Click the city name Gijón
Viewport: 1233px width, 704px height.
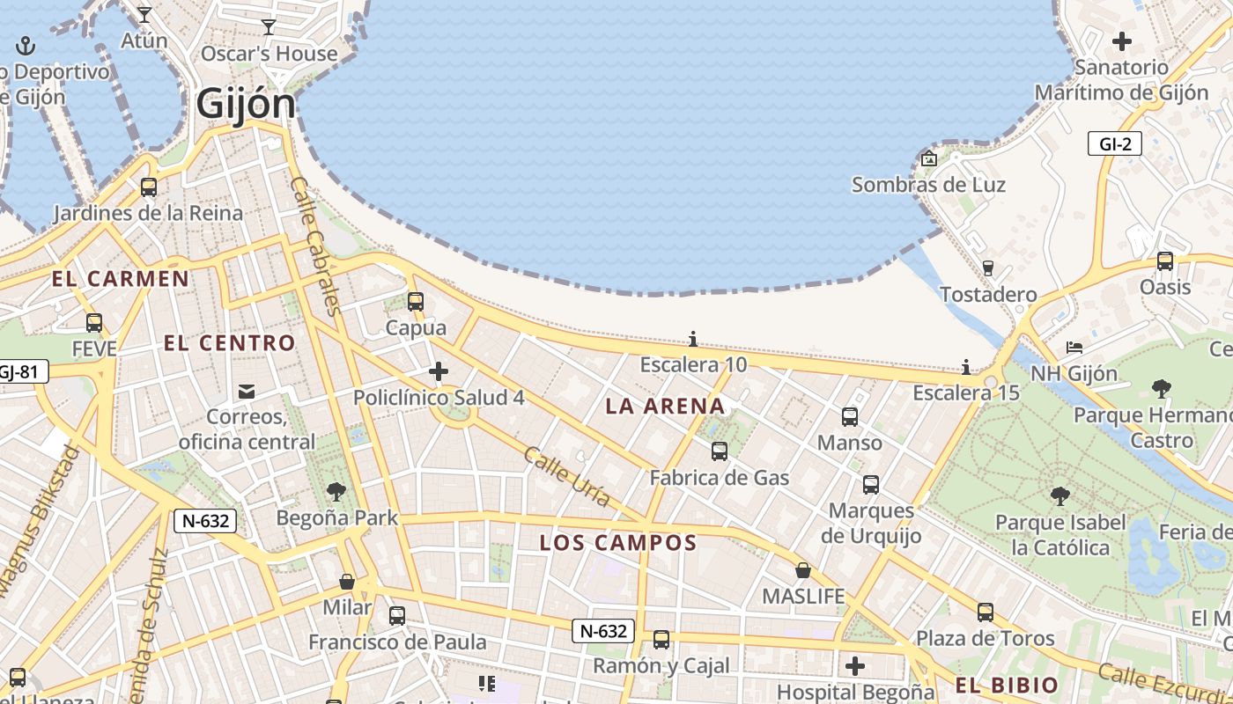[246, 104]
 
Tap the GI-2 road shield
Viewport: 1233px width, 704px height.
[1114, 143]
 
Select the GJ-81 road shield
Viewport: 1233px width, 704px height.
[19, 371]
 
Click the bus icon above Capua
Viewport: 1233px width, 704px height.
[416, 302]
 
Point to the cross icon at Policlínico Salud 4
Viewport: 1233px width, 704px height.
[439, 371]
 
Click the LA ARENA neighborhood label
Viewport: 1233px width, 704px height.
[666, 406]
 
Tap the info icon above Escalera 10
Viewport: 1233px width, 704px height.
[693, 339]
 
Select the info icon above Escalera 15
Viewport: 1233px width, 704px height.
[966, 367]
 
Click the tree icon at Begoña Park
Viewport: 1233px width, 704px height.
[336, 492]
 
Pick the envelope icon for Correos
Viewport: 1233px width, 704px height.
[247, 391]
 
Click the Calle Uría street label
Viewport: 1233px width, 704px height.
[566, 477]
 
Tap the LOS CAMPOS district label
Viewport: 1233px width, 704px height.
[618, 543]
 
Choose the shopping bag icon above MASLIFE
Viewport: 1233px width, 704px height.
[803, 570]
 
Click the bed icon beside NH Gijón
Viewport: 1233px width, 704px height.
[1074, 348]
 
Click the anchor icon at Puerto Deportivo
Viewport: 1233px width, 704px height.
[26, 45]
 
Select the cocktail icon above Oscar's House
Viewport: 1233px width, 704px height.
[269, 27]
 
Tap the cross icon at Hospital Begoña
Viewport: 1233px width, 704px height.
[854, 666]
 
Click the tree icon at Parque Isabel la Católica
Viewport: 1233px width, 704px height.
[1060, 496]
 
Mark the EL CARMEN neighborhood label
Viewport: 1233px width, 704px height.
[120, 280]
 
